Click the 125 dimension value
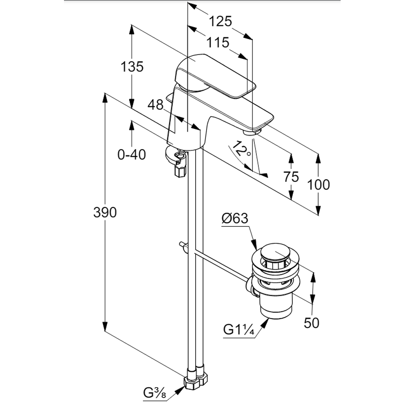click(220, 21)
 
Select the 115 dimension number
click(218, 42)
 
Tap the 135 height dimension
click(132, 66)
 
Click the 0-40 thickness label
click(132, 154)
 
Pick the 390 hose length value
click(105, 212)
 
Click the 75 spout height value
click(291, 177)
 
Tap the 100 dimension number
click(318, 185)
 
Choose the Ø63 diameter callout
click(235, 219)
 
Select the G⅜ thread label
click(155, 392)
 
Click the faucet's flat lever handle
click(215, 77)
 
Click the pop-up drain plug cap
click(275, 253)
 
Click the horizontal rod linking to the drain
click(219, 263)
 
